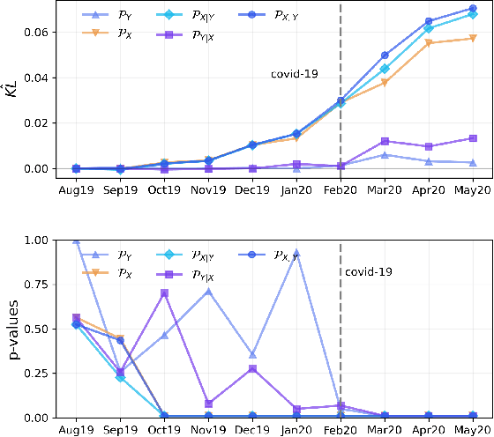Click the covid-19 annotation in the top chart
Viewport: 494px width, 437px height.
295,75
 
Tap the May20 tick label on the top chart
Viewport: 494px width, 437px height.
472,189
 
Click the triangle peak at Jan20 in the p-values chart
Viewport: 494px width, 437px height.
296,253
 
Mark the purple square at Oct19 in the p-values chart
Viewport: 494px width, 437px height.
164,293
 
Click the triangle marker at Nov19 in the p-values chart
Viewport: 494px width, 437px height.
208,291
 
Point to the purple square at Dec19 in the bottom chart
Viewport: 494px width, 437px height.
252,368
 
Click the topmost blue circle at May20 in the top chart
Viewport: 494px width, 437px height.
473,9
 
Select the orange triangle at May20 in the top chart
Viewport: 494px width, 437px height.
473,39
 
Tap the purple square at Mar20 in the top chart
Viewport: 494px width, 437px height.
385,141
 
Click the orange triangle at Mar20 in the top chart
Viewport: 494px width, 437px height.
385,83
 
